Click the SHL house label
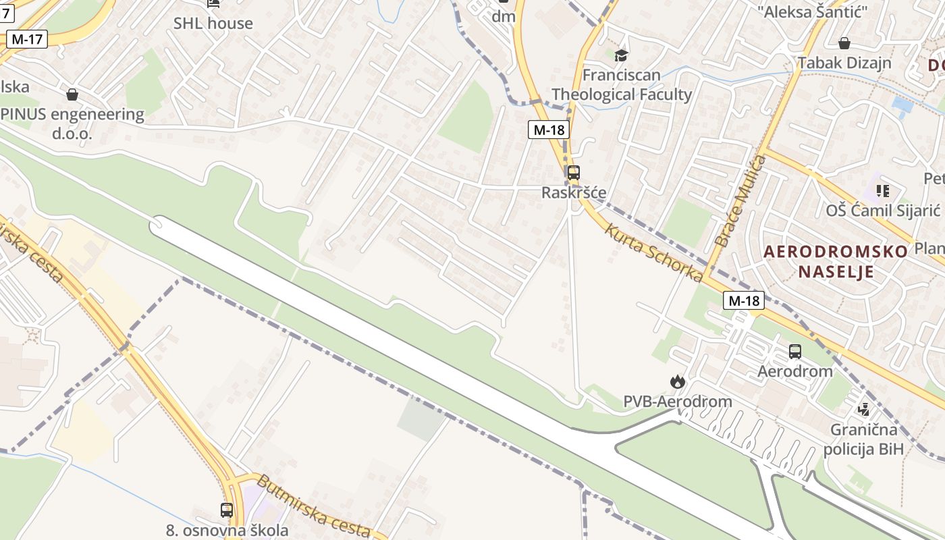click(x=213, y=23)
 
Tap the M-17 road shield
click(x=27, y=39)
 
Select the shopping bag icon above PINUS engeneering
click(x=72, y=94)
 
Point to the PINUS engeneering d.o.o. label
click(x=73, y=124)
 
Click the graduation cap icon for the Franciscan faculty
click(x=621, y=55)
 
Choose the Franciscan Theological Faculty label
click(x=622, y=84)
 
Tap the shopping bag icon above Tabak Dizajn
click(x=844, y=44)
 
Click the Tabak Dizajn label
click(x=844, y=63)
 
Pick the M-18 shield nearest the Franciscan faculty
click(x=548, y=130)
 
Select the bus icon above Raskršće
click(x=573, y=173)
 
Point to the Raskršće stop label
click(x=574, y=193)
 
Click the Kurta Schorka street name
click(x=653, y=252)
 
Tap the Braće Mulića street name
click(x=740, y=200)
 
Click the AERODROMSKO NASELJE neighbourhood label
click(x=836, y=262)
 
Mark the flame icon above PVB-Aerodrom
click(x=677, y=382)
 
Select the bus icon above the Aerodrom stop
click(x=795, y=352)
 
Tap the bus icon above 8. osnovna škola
click(x=227, y=510)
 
